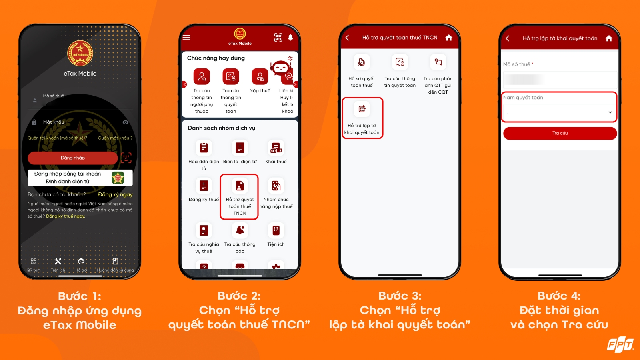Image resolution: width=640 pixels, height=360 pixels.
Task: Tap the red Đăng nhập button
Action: (73, 158)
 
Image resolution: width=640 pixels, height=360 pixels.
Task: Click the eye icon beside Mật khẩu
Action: (126, 122)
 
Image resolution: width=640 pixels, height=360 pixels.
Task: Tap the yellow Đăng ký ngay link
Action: (115, 195)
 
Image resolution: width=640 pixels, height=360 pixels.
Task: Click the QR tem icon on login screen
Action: (34, 261)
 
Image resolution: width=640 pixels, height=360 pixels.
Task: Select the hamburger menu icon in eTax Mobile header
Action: (186, 37)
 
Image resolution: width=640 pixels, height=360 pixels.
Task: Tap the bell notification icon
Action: (290, 37)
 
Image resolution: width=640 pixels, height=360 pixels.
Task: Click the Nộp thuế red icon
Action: (260, 76)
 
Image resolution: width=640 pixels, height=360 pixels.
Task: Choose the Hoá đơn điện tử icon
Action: (204, 148)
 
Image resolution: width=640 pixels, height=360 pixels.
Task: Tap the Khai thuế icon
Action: (276, 148)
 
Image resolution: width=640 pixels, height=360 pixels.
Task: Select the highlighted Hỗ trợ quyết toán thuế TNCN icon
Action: (240, 186)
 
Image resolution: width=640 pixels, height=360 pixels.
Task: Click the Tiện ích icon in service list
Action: (276, 230)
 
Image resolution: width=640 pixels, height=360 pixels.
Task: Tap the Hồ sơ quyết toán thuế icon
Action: (362, 62)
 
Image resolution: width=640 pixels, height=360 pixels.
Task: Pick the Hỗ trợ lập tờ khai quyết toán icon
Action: (362, 109)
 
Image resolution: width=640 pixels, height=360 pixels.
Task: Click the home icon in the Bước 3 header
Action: (449, 38)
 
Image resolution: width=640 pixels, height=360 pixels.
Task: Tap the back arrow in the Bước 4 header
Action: (508, 38)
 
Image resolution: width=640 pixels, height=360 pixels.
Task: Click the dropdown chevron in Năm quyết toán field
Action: (610, 112)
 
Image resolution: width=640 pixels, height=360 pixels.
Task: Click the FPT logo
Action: (620, 345)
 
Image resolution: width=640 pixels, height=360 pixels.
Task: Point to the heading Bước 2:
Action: (239, 296)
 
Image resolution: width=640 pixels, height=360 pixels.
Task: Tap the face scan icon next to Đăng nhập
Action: (126, 158)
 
